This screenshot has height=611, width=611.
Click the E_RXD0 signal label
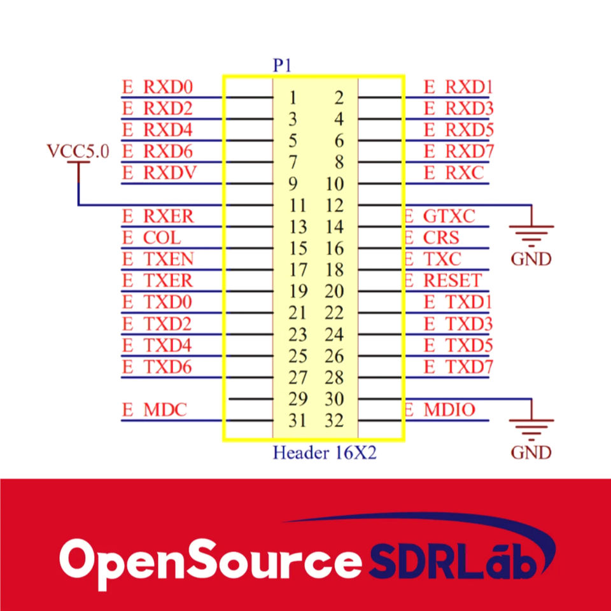click(x=157, y=87)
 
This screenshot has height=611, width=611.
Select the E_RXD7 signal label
click(x=458, y=151)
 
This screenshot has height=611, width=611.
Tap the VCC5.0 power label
click(x=78, y=151)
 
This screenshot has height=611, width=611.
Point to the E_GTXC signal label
click(x=440, y=216)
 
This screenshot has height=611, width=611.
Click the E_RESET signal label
click(x=443, y=281)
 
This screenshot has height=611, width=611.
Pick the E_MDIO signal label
click(x=440, y=410)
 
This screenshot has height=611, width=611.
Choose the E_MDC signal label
click(x=155, y=410)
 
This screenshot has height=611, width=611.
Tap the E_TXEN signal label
click(x=158, y=260)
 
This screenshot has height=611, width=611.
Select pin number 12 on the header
click(x=334, y=206)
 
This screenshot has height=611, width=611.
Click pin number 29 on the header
click(x=298, y=400)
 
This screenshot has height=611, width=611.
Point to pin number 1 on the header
click(x=293, y=98)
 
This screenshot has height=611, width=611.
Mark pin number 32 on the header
click(x=334, y=421)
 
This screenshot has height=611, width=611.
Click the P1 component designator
click(x=282, y=66)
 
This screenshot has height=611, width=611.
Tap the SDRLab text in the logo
click(x=454, y=560)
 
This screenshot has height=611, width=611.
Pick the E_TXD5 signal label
click(x=458, y=346)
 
